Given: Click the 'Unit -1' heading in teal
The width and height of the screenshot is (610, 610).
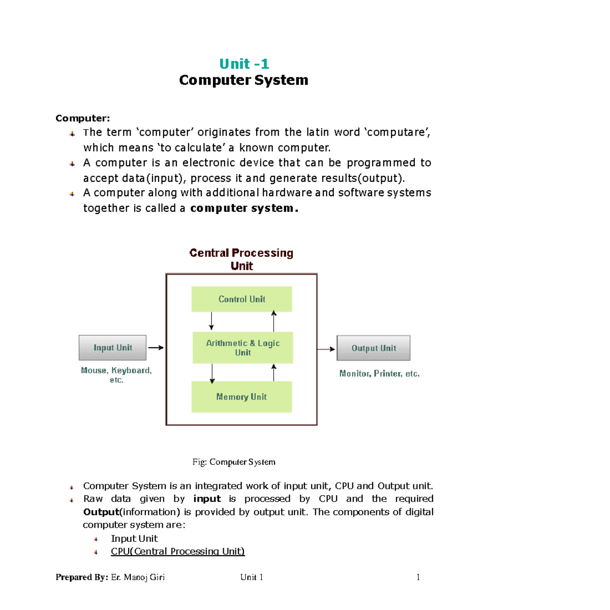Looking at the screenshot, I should point(244,64).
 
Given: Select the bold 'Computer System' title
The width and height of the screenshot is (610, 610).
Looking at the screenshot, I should point(243,80).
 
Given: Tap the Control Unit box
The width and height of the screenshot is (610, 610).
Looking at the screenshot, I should point(241,299).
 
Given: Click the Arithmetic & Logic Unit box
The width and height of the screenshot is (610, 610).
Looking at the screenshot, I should point(242,348).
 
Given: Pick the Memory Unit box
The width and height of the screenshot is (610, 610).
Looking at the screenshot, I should point(241,396).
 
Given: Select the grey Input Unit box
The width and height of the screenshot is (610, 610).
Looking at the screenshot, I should point(112,348).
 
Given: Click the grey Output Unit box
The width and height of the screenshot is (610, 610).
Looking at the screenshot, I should point(373,348).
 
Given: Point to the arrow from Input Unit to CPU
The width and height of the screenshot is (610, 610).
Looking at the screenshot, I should point(156,348).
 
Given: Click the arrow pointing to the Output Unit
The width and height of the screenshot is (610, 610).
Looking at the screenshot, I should point(326,349).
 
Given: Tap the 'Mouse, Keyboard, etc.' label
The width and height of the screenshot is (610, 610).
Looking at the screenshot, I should point(116,375).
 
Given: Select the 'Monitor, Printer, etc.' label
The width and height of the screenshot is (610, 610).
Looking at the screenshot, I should point(379,374).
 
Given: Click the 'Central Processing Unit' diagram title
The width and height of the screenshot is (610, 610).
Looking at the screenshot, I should point(241,259).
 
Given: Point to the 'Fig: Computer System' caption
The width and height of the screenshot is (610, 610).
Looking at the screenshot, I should point(234,462).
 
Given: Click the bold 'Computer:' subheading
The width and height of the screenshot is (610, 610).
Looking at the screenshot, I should point(82,118).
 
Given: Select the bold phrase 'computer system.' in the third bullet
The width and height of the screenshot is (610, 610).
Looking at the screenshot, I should point(244,208).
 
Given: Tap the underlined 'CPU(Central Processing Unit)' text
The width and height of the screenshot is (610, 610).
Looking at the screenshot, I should point(178,552).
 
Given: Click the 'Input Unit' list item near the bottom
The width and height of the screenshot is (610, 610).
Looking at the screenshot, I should point(134,538).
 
